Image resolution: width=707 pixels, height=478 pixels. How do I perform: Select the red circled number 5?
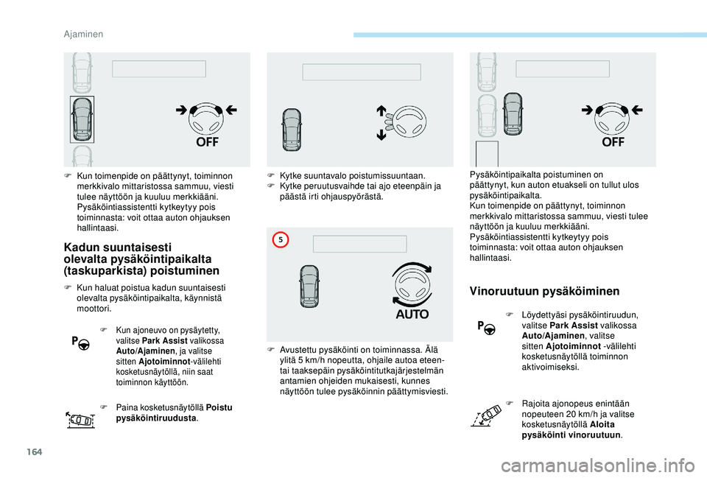coord(280,239)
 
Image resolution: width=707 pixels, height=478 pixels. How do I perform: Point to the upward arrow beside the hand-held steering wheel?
coord(382,110)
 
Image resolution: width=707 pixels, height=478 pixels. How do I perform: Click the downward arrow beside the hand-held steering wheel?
coord(382,135)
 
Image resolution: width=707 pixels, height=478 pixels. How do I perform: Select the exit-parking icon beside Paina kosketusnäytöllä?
coord(80,419)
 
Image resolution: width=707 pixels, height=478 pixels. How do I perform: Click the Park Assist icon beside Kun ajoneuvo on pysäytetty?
coord(80,342)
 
